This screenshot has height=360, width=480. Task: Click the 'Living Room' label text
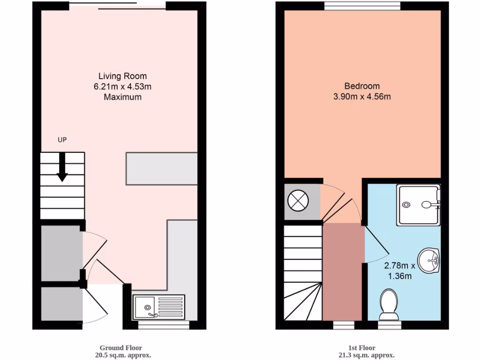(x=122, y=76)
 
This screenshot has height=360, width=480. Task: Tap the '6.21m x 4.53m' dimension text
(x=122, y=87)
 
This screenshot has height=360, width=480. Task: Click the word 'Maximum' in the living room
(x=122, y=97)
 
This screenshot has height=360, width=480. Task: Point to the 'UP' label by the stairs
(x=62, y=140)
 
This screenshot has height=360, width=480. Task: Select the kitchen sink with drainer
(x=159, y=307)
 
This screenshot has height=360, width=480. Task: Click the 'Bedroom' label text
(x=362, y=86)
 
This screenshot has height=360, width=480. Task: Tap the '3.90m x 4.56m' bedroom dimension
(x=362, y=97)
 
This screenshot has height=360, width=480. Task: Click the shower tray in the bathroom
(x=418, y=205)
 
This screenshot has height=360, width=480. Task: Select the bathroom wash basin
(x=429, y=261)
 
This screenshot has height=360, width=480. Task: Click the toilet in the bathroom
(x=389, y=303)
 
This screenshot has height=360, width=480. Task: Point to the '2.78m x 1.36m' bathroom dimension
(x=399, y=270)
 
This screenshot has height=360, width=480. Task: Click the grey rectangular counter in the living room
(x=161, y=168)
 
